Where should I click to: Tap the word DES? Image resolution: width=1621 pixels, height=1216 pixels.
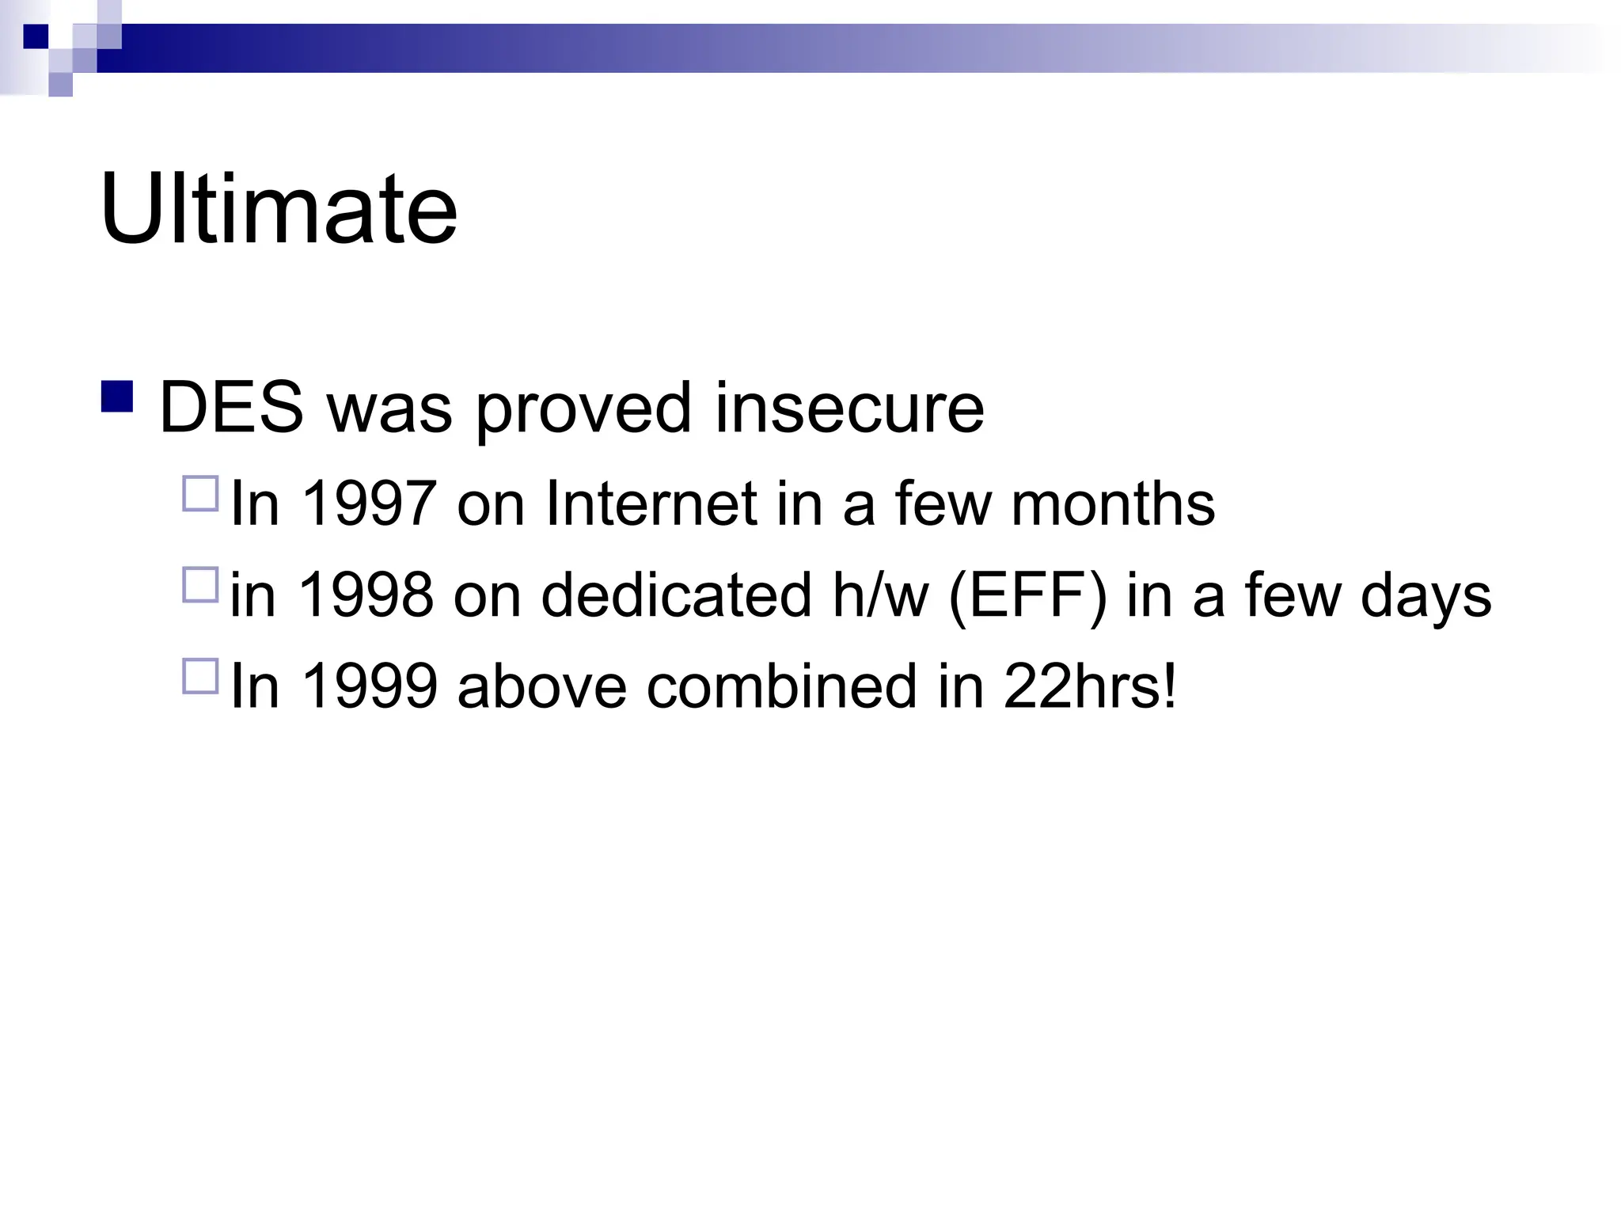231,408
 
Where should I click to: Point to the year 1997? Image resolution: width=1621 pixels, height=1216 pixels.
369,503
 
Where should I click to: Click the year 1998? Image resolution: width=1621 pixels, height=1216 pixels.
367,595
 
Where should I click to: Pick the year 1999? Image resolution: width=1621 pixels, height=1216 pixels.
369,686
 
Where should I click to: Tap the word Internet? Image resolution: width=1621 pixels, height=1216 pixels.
651,503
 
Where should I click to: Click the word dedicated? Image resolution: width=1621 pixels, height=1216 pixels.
676,595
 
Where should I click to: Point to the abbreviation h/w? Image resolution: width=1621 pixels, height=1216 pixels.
879,595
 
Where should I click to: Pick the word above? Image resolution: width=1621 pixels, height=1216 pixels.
542,686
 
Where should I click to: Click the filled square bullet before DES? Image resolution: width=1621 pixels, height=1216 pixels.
117,397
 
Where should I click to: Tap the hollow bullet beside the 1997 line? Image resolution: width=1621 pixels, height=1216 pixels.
200,493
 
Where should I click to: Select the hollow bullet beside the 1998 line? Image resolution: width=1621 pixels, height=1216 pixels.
200,585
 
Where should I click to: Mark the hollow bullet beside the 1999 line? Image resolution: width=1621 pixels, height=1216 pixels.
200,676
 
